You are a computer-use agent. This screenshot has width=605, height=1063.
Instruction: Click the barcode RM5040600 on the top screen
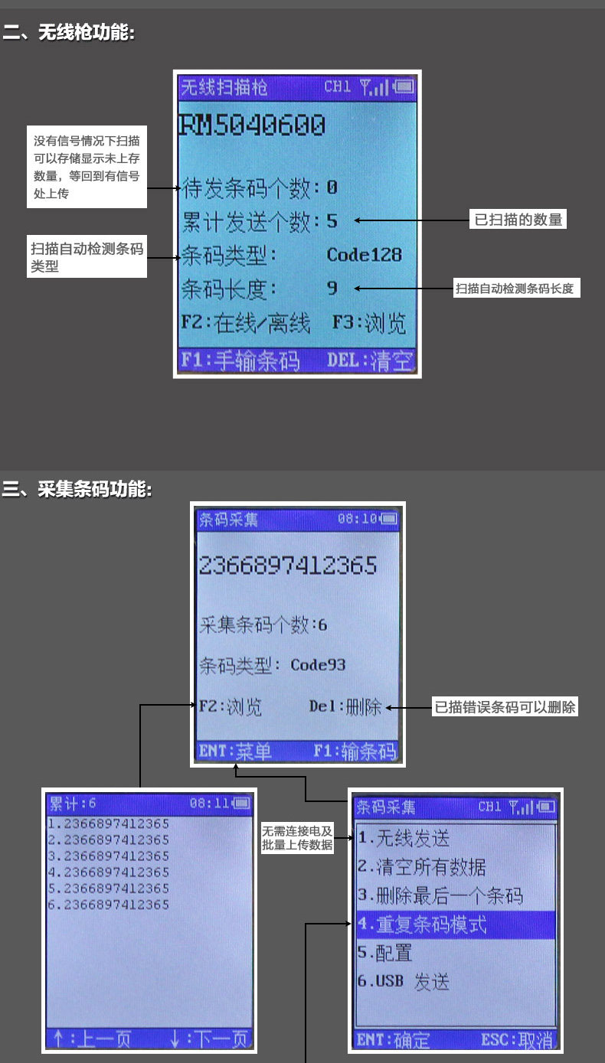(x=252, y=125)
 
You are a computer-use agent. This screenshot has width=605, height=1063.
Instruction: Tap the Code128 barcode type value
(x=364, y=255)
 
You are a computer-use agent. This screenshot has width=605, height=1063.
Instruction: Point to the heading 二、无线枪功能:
(x=68, y=33)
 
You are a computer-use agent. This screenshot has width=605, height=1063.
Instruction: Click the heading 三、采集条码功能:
(x=77, y=488)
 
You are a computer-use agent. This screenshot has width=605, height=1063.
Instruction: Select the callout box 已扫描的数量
(x=518, y=220)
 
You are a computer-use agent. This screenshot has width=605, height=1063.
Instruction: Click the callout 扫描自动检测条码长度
(x=514, y=289)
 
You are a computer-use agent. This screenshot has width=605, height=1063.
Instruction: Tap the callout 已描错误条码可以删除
(x=505, y=707)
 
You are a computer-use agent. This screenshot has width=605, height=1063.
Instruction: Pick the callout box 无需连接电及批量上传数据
(x=297, y=838)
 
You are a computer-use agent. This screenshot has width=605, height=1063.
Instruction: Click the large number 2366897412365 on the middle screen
(x=288, y=566)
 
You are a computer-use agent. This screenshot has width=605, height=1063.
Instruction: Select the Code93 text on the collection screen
(x=318, y=664)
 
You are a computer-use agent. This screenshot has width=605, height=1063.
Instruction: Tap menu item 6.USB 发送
(x=403, y=982)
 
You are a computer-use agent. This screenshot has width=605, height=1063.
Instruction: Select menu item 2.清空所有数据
(x=421, y=867)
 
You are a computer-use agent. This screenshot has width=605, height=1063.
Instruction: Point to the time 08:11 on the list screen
(x=208, y=804)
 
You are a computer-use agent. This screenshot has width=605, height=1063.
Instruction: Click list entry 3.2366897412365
(x=108, y=856)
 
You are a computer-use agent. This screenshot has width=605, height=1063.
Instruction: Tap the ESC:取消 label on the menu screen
(x=516, y=1040)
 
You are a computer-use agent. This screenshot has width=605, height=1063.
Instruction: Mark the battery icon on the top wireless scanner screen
(x=404, y=87)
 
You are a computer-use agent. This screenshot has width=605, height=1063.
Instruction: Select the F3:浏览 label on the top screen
(x=368, y=324)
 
